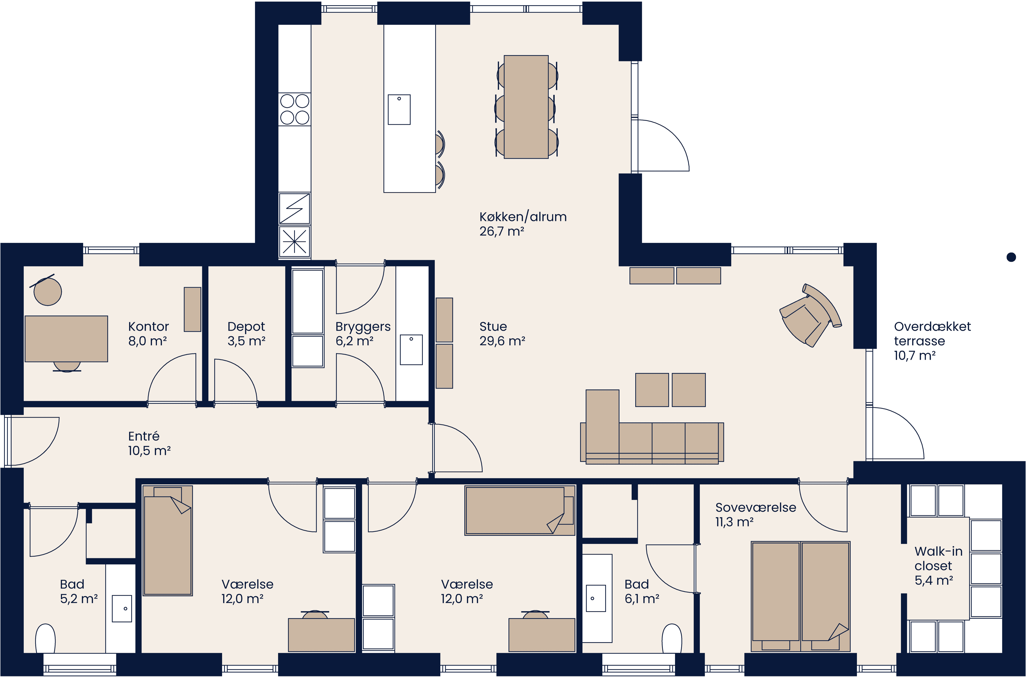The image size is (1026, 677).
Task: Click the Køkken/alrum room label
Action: pyautogui.click(x=523, y=224)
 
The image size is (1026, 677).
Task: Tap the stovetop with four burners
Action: pyautogui.click(x=295, y=109)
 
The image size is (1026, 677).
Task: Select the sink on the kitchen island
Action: pyautogui.click(x=399, y=110)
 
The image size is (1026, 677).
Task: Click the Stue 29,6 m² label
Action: pyautogui.click(x=502, y=334)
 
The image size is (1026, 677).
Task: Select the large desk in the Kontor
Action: pyautogui.click(x=66, y=338)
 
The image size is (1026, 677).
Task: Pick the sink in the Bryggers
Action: pyautogui.click(x=411, y=350)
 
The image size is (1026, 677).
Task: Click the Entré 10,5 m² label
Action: pyautogui.click(x=149, y=443)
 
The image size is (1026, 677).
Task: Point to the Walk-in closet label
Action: pyautogui.click(x=938, y=566)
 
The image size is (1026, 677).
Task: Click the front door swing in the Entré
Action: pyautogui.click(x=32, y=440)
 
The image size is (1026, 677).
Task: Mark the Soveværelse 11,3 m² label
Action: pyautogui.click(x=755, y=515)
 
